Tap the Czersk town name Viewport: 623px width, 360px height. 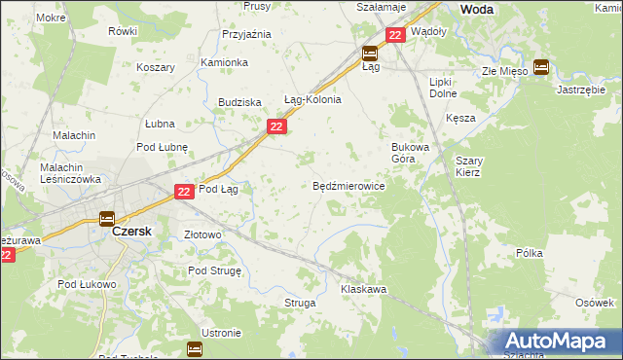click(129, 234)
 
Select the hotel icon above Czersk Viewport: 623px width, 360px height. click(107, 219)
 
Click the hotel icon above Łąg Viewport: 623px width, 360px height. click(370, 54)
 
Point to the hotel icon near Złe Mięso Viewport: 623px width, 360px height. click(540, 68)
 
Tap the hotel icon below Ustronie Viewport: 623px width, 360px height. click(195, 348)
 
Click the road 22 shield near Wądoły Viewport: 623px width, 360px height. click(394, 35)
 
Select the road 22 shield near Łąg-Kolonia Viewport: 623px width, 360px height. click(277, 127)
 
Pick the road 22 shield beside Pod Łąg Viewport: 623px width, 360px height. click(185, 194)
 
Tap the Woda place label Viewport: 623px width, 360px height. click(476, 9)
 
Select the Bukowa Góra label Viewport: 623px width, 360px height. click(403, 153)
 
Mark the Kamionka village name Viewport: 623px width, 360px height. click(224, 62)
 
